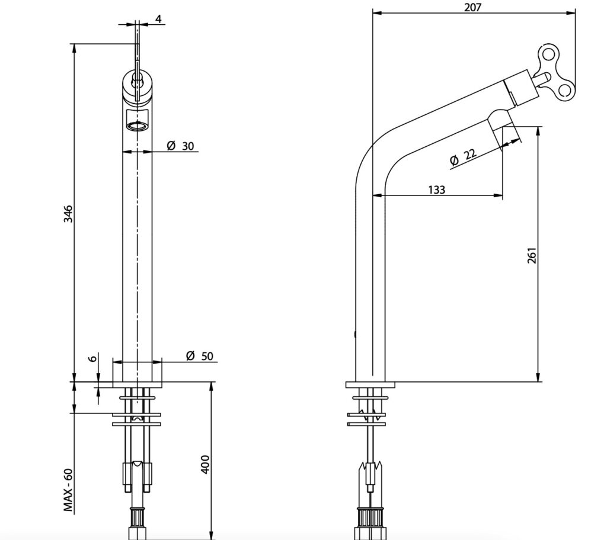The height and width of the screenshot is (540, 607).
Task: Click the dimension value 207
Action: (x=472, y=7)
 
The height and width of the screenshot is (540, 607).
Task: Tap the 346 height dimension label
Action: (x=68, y=214)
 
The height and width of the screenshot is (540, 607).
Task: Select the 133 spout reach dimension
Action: (x=437, y=190)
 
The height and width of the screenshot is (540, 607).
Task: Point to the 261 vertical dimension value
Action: (x=532, y=255)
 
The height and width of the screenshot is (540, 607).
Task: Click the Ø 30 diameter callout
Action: (x=180, y=146)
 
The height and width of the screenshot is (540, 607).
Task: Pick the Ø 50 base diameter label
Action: (x=199, y=356)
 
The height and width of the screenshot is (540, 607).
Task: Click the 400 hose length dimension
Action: (x=205, y=464)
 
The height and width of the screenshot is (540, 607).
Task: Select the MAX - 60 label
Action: (x=68, y=490)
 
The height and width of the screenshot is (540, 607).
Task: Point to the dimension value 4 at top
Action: (x=158, y=19)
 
